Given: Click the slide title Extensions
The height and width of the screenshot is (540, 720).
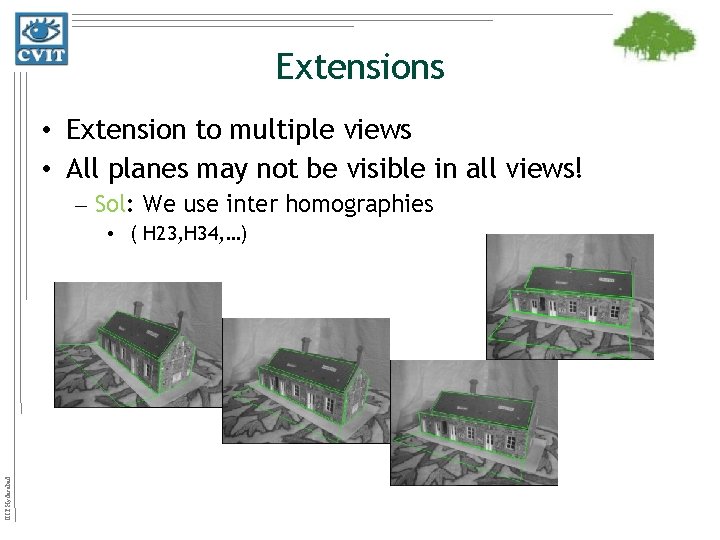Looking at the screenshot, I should click(359, 67).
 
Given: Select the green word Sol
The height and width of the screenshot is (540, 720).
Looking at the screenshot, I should click(109, 205).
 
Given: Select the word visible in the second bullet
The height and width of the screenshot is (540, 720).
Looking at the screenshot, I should click(404, 167).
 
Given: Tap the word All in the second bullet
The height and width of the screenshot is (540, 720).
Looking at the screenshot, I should click(84, 167).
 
